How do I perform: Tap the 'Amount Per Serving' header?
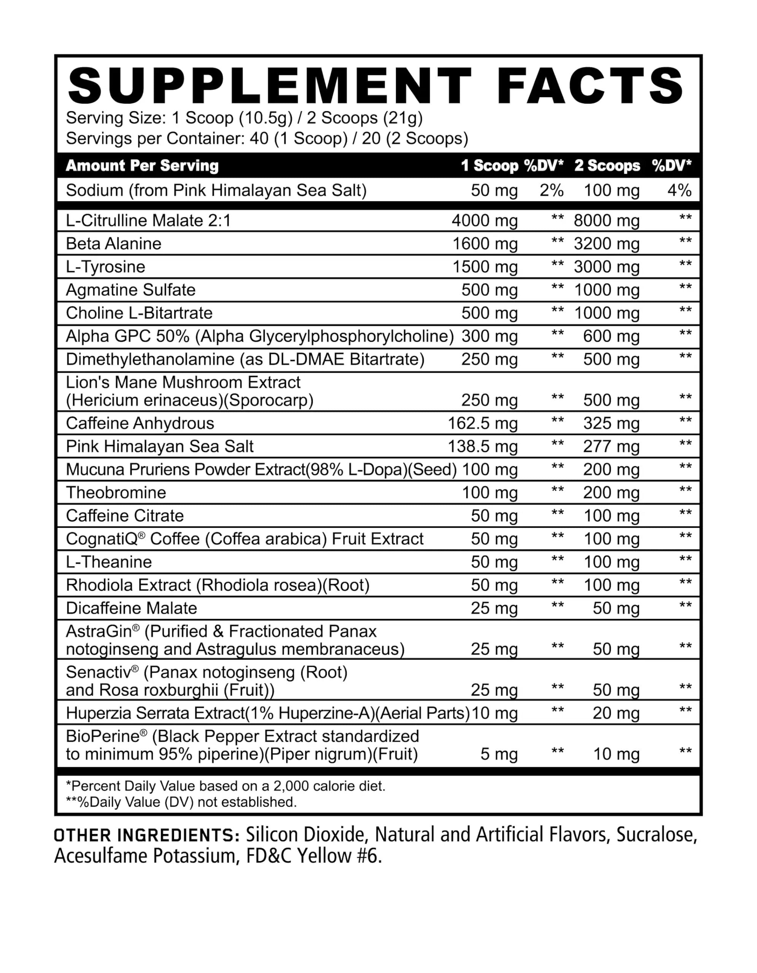142,166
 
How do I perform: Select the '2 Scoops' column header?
607,166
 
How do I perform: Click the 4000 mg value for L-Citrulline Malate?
484,220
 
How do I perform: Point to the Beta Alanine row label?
114,244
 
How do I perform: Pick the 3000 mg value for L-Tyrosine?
606,267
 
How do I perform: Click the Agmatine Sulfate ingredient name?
130,290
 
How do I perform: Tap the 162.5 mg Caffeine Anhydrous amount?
482,423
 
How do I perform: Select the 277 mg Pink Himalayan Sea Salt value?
611,447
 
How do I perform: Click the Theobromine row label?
116,493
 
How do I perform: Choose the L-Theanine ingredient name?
109,562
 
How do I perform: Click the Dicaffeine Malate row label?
132,609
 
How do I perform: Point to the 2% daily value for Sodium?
551,191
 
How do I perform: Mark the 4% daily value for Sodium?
679,191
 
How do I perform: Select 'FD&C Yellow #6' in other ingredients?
314,856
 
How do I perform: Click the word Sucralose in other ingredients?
656,835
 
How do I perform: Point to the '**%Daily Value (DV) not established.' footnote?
181,802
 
